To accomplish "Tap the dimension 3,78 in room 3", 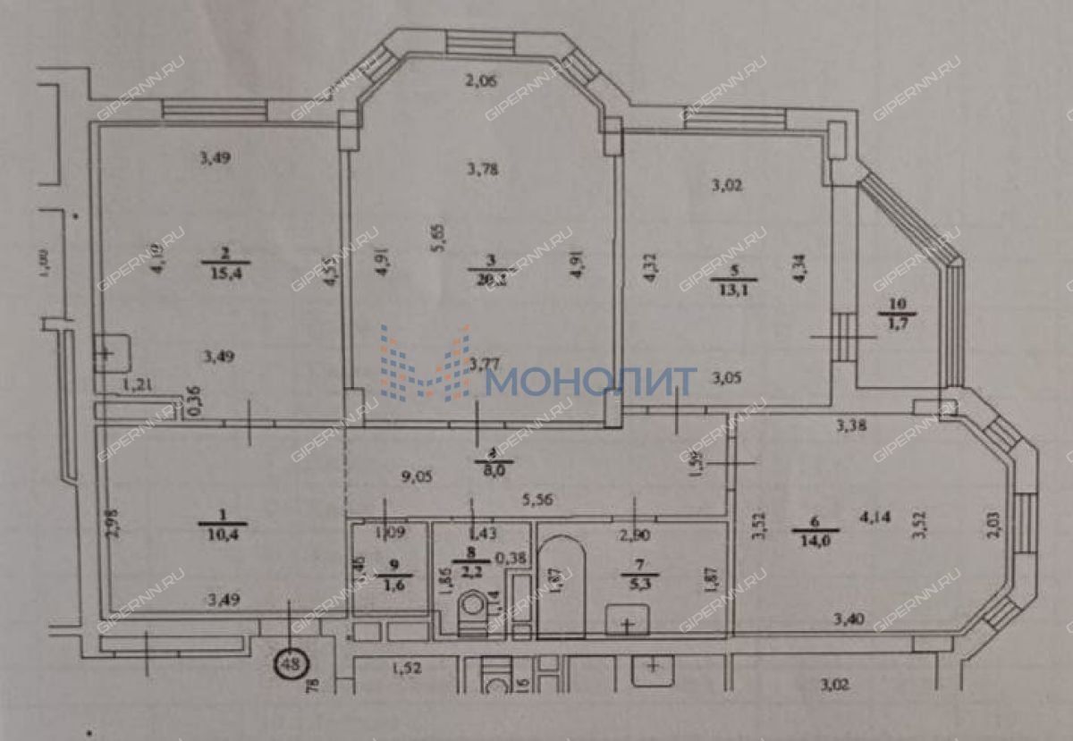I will click(x=483, y=167).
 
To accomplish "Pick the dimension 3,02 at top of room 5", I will click(x=726, y=186).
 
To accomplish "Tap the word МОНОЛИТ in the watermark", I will click(x=591, y=382).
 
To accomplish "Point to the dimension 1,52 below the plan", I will click(x=408, y=665).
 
